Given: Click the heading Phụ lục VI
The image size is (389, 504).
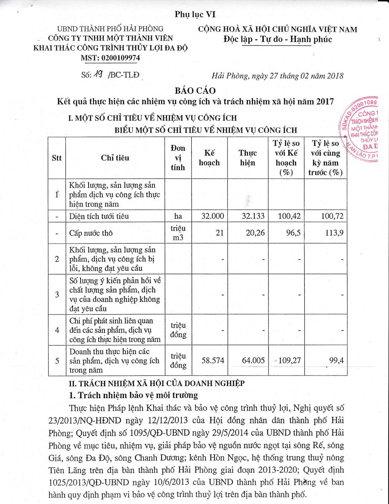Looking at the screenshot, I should (195, 14).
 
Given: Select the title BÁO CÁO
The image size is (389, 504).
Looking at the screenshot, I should (195, 90).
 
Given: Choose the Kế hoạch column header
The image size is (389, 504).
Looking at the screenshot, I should (209, 158).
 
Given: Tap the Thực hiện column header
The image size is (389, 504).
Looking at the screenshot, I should (248, 158).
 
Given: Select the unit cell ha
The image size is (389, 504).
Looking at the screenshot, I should (178, 216).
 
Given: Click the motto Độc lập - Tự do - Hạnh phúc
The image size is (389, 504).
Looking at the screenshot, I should (277, 39).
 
